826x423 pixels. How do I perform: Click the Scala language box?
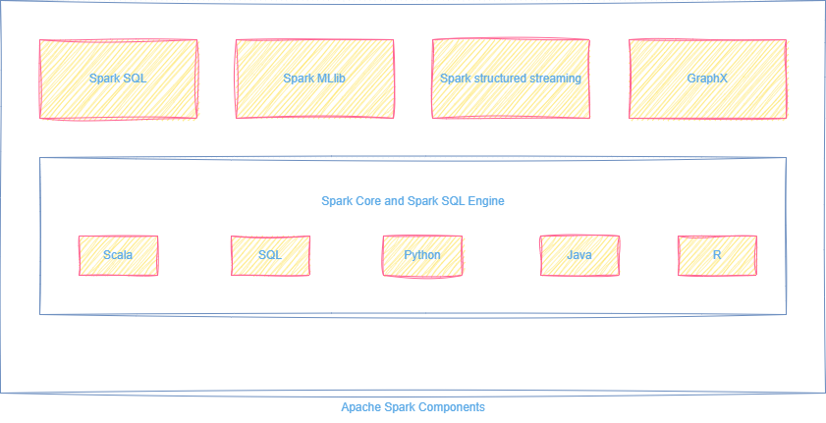pos(118,255)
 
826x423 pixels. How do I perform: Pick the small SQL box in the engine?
pos(270,255)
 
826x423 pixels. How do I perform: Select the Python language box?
pos(422,255)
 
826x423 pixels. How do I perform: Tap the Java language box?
pos(579,255)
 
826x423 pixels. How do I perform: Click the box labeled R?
pos(717,255)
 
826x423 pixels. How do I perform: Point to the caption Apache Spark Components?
pos(413,407)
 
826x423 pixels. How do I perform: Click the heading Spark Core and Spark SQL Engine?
pos(413,201)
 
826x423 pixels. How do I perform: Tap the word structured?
pos(499,79)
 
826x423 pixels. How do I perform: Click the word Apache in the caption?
pos(360,407)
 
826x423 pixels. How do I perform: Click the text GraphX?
pos(707,79)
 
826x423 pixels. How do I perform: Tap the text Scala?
pos(118,255)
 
